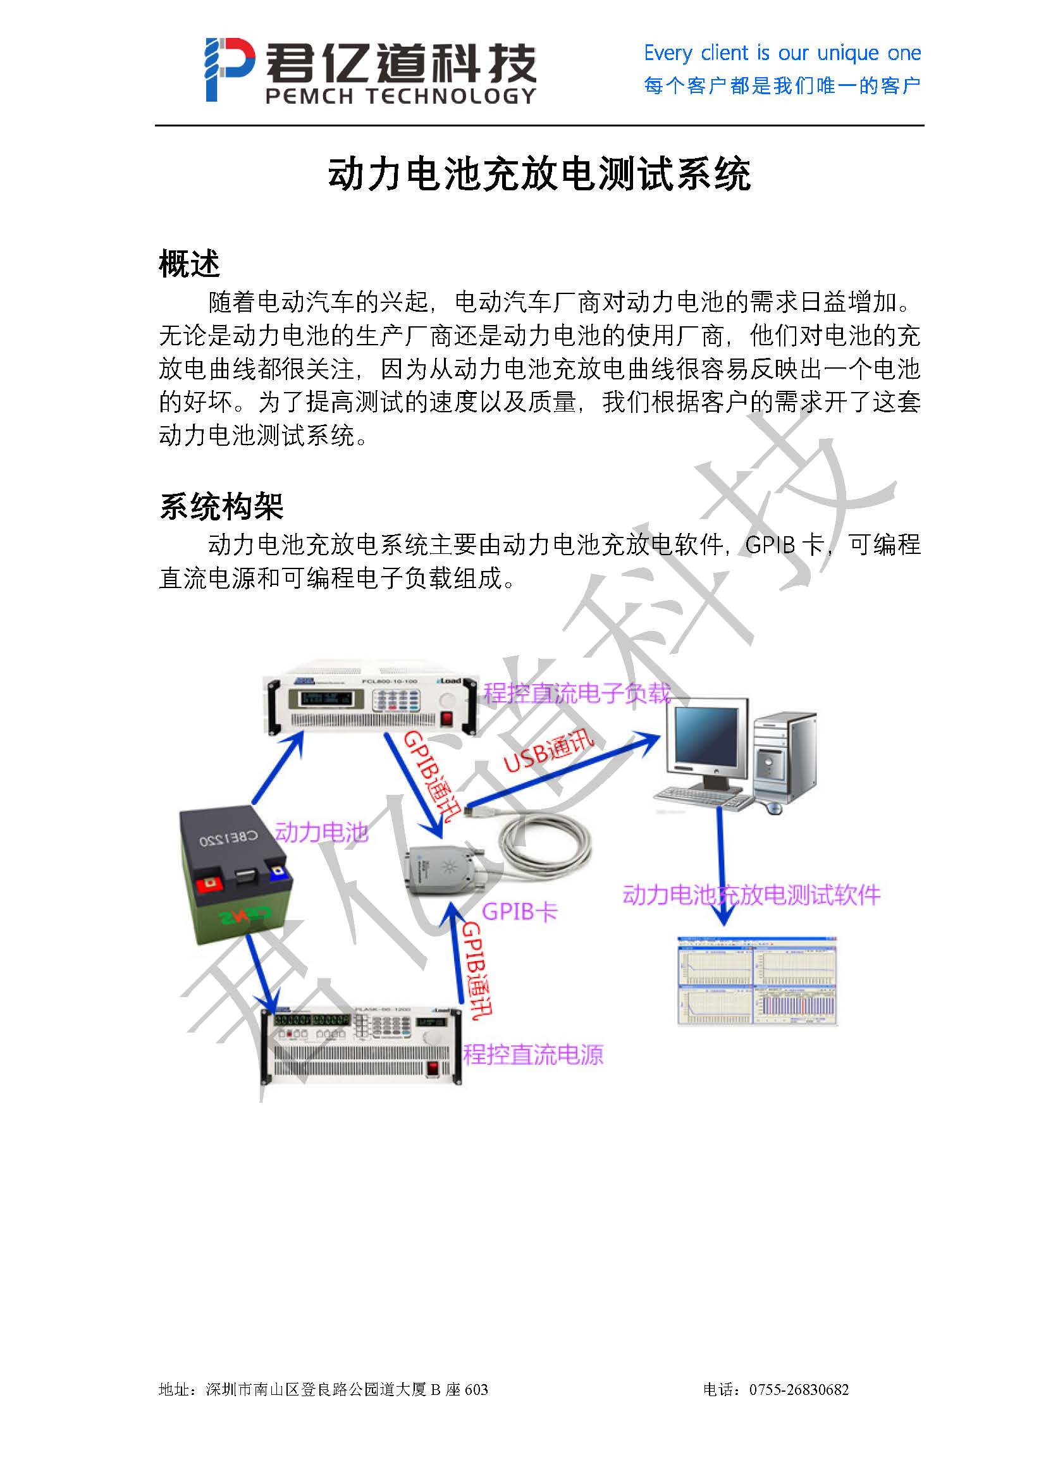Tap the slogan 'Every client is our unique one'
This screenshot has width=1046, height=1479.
point(782,53)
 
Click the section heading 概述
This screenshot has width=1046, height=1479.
point(189,264)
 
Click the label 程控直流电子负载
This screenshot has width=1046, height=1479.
point(577,693)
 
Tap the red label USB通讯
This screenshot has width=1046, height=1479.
point(548,751)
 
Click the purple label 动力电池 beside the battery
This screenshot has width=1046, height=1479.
point(321,832)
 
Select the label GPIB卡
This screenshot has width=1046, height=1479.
point(519,912)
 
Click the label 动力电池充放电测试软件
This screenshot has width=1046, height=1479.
point(751,895)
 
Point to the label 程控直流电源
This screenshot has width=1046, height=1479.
point(533,1055)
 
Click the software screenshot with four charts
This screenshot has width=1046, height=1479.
point(757,981)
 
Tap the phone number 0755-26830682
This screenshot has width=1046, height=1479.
point(799,1389)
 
